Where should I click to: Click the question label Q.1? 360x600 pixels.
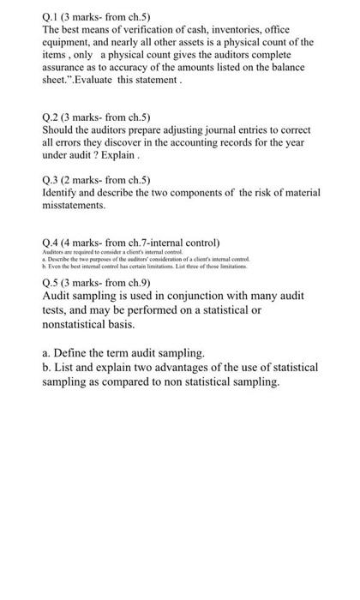coord(51,15)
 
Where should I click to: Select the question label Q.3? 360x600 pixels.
coord(51,178)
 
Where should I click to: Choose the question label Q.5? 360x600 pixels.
coord(51,279)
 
